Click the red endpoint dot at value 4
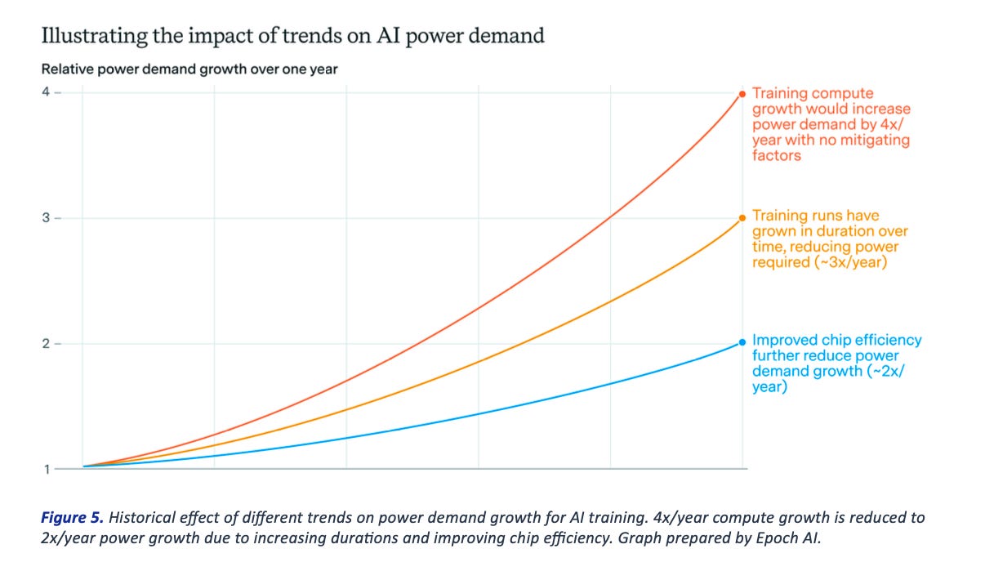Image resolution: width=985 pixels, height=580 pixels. click(x=742, y=94)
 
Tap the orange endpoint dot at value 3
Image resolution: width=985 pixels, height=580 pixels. click(x=742, y=217)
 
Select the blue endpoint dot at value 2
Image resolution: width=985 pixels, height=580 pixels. click(x=742, y=342)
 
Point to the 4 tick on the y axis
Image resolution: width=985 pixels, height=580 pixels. click(x=46, y=92)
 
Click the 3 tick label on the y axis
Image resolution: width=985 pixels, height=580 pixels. click(x=46, y=218)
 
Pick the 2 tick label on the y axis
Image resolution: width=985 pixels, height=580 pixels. click(x=46, y=344)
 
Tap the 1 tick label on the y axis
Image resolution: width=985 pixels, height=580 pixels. click(x=46, y=469)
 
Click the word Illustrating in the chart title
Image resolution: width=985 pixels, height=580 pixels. click(x=90, y=36)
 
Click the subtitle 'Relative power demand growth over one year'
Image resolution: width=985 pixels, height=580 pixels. click(x=189, y=69)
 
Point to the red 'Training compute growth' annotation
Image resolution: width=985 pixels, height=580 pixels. click(x=831, y=124)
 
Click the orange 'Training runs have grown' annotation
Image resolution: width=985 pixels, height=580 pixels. click(x=829, y=239)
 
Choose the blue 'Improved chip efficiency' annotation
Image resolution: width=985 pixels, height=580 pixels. click(x=836, y=363)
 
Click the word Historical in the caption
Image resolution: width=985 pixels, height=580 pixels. click(x=140, y=518)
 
